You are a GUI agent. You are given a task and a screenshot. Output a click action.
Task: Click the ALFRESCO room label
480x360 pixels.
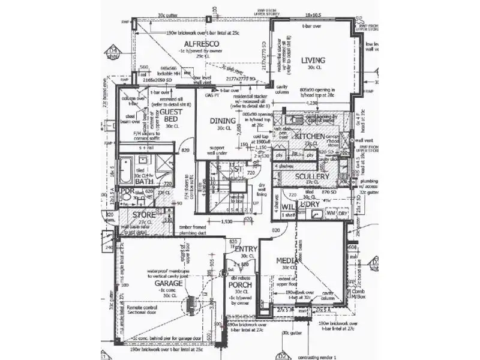click(x=201, y=44)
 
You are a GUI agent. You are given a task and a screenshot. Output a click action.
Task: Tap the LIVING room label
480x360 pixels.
click(x=313, y=60)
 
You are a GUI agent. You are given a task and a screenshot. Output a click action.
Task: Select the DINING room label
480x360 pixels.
click(x=223, y=121)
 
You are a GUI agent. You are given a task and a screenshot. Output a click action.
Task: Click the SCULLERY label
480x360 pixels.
click(x=312, y=176)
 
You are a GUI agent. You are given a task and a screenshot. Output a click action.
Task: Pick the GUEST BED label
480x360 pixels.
click(x=172, y=115)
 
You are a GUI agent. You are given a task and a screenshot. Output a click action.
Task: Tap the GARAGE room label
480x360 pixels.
click(x=168, y=283)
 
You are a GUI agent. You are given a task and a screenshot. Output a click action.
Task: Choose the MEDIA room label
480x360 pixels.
click(x=287, y=260)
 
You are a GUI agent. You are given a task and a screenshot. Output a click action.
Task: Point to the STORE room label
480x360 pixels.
click(x=144, y=214)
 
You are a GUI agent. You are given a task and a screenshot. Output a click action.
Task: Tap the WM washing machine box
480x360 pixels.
click(x=331, y=213)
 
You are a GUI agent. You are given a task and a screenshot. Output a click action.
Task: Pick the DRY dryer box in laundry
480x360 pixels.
click(x=343, y=213)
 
